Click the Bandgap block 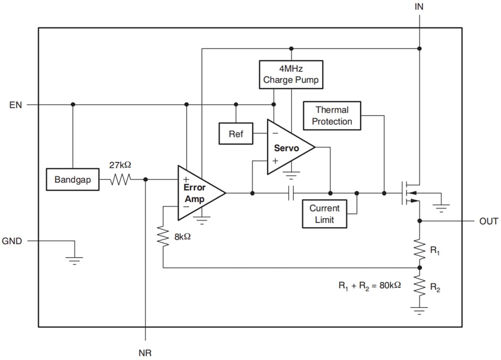pyautogui.click(x=72, y=180)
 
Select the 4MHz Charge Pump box pyautogui.click(x=291, y=74)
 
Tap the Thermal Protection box pyautogui.click(x=332, y=116)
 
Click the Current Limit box pyautogui.click(x=324, y=214)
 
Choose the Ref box pyautogui.click(x=235, y=134)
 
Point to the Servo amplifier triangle pyautogui.click(x=287, y=148)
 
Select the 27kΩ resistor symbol pyautogui.click(x=120, y=180)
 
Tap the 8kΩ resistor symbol pyautogui.click(x=163, y=237)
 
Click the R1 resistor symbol pyautogui.click(x=419, y=248)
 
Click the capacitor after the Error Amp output pyautogui.click(x=291, y=193)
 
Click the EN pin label pyautogui.click(x=15, y=105)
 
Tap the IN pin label pyautogui.click(x=419, y=7)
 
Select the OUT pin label pyautogui.click(x=488, y=221)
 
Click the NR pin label pyautogui.click(x=145, y=352)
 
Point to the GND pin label pyautogui.click(x=12, y=241)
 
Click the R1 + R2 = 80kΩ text pyautogui.click(x=369, y=286)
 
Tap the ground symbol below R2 pyautogui.click(x=419, y=311)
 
